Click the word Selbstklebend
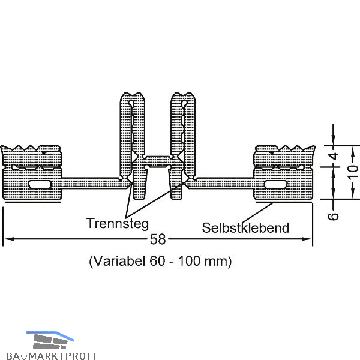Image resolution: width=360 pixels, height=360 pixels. pyautogui.click(x=246, y=227)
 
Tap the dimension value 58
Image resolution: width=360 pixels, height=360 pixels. pyautogui.click(x=158, y=239)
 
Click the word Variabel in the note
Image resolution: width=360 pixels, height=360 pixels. pyautogui.click(x=117, y=262)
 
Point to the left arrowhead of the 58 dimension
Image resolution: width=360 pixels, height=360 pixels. pyautogui.click(x=7, y=240)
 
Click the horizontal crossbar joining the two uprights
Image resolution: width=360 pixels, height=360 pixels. pyautogui.click(x=157, y=161)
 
